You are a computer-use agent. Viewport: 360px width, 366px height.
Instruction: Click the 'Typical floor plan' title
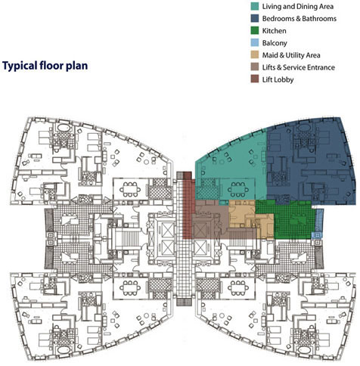coord(45,66)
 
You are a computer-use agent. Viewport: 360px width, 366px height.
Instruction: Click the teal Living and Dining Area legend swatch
coord(255,6)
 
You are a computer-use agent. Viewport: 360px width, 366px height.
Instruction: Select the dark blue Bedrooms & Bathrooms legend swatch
coord(255,18)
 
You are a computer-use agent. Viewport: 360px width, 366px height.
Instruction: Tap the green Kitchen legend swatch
coord(255,30)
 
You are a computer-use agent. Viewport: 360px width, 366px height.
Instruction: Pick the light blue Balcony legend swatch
coord(255,42)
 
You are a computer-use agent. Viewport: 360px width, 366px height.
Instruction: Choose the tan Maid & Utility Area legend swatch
coord(255,55)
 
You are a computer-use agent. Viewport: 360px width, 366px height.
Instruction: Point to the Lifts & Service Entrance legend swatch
coord(255,67)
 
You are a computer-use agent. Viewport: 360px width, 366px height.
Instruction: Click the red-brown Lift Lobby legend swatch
coord(255,79)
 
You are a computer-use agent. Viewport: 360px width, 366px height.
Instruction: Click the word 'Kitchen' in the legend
coord(275,31)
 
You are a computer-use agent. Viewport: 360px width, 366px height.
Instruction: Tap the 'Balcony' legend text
coord(275,43)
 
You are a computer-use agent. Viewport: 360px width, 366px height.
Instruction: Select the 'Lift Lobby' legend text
coord(278,79)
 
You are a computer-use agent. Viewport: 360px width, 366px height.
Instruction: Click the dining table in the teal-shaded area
coord(237,189)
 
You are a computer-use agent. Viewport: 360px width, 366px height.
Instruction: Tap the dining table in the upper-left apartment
coord(130,189)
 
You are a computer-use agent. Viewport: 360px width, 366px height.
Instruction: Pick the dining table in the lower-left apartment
coord(130,287)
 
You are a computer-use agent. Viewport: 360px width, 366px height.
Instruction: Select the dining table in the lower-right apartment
coord(237,287)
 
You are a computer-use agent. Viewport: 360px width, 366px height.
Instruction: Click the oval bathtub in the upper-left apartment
coord(64,128)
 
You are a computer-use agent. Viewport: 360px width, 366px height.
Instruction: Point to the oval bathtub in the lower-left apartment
coord(64,349)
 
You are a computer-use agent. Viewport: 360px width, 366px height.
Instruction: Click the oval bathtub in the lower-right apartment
coord(303,349)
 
